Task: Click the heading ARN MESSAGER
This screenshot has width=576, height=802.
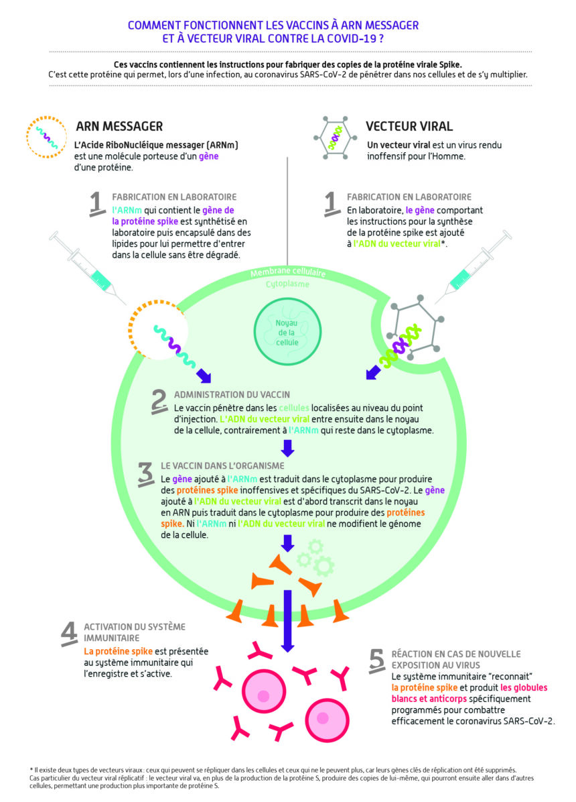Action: [x=119, y=126]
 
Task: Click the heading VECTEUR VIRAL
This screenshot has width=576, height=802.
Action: [x=409, y=126]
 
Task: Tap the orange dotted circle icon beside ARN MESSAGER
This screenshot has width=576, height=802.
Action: [x=46, y=137]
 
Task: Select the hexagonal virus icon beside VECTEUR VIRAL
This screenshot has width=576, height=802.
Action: [x=335, y=137]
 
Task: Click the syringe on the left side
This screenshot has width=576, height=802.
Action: [x=87, y=267]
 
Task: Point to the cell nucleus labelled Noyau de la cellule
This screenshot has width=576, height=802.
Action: [x=287, y=332]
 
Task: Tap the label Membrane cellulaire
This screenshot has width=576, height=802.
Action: [x=288, y=273]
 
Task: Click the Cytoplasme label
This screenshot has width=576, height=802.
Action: [x=287, y=284]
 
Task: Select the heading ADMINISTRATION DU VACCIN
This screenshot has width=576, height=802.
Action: [x=232, y=395]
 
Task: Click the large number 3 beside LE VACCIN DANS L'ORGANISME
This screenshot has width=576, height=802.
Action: [x=146, y=474]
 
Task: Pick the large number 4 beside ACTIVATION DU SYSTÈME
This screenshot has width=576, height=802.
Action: [x=70, y=634]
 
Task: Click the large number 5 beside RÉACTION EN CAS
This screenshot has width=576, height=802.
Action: [x=377, y=661]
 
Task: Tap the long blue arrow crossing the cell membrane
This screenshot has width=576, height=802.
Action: [x=288, y=621]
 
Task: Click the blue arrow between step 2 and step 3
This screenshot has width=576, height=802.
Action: [x=288, y=448]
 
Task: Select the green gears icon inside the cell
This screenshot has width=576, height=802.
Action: [x=316, y=557]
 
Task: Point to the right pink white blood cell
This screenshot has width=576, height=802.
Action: [x=328, y=720]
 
